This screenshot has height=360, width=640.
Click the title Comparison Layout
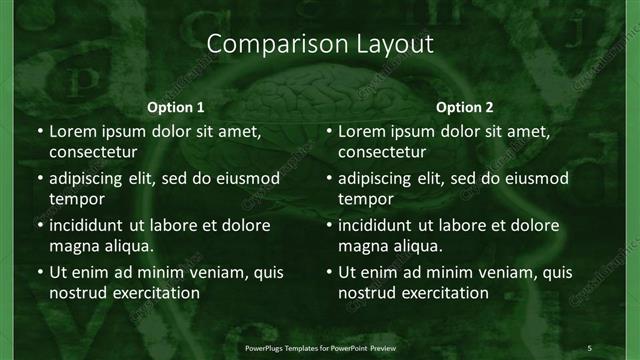tap(319, 45)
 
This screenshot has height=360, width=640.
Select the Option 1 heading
tap(175, 106)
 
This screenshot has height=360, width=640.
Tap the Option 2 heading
tap(465, 106)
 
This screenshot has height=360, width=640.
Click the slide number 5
tap(589, 347)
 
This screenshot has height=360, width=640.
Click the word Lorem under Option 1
tap(73, 131)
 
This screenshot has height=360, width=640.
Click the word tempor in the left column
tap(73, 199)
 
